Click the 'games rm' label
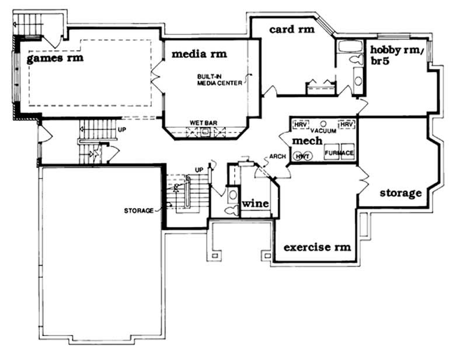coord(55,58)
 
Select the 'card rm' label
coord(292,29)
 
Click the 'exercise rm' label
coord(317,247)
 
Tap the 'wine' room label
coord(255,204)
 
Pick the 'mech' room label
coord(306,141)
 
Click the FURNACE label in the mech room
coord(339,153)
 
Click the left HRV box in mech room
coord(301,125)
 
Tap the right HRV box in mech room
coord(347,125)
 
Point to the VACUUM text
coord(323,131)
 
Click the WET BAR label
coord(204,123)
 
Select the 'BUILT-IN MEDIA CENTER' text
coord(218,79)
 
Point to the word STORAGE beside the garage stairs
coord(138,210)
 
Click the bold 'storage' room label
coord(400,193)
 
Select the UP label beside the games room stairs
coord(121,129)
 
